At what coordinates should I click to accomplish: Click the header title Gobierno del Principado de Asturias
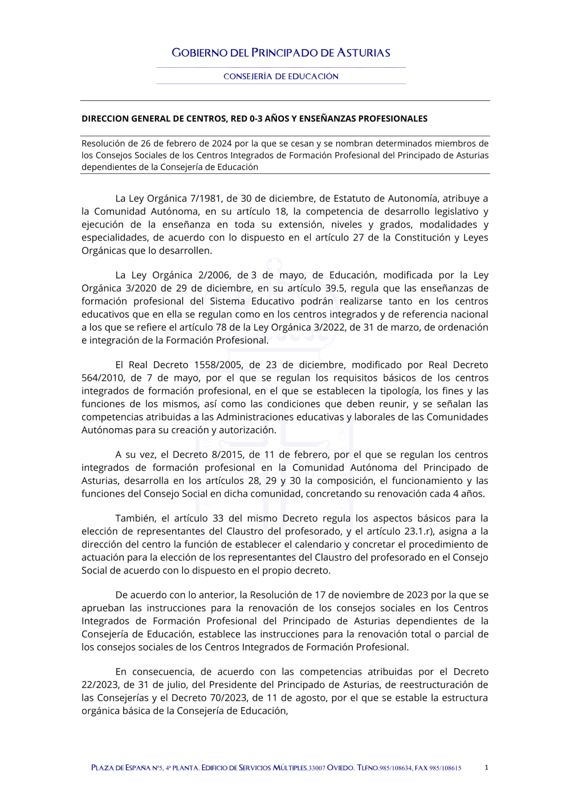(281, 53)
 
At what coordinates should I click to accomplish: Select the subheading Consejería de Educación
(281, 76)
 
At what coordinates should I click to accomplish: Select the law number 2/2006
(217, 275)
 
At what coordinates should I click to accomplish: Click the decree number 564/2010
(99, 378)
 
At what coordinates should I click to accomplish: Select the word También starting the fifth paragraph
(135, 519)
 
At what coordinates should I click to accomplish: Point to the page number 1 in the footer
(486, 767)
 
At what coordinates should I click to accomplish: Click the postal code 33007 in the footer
(317, 768)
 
